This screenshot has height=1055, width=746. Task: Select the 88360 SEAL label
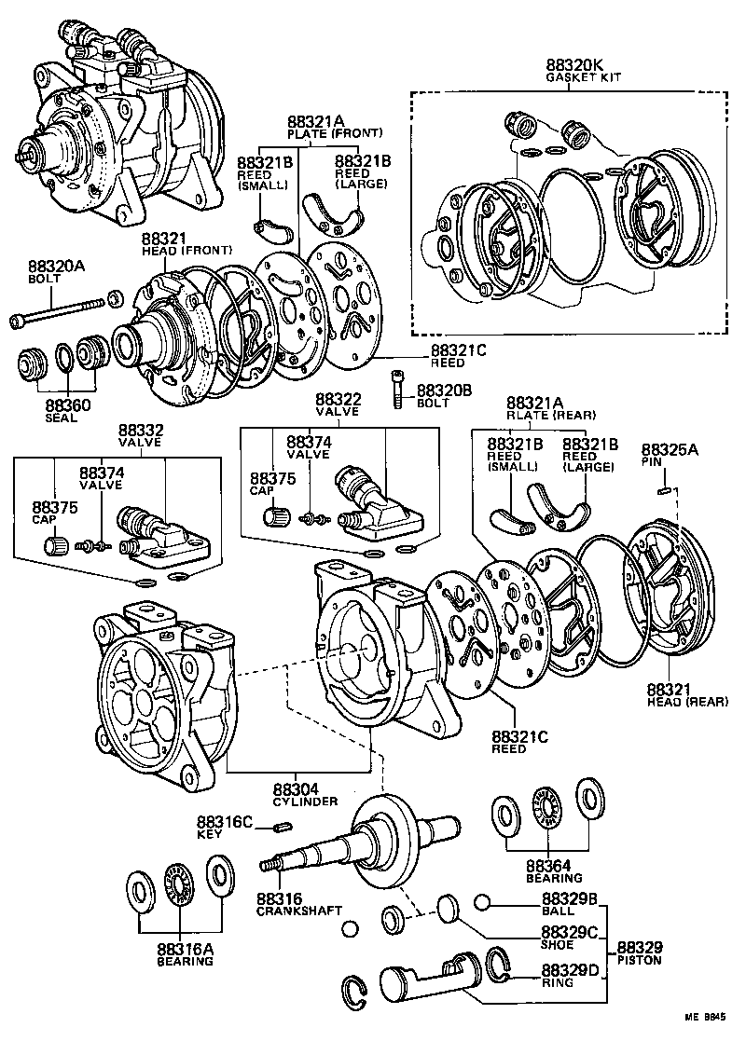pyautogui.click(x=62, y=411)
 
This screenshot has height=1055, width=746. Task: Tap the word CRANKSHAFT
pyautogui.click(x=298, y=910)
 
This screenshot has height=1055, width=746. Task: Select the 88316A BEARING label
pyautogui.click(x=184, y=954)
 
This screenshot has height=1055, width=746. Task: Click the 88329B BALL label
pyautogui.click(x=569, y=904)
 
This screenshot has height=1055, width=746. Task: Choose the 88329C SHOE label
pyautogui.click(x=569, y=938)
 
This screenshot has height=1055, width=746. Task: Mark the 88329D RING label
pyautogui.click(x=569, y=975)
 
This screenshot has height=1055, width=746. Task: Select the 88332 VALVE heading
pyautogui.click(x=140, y=435)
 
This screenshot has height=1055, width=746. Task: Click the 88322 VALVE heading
pyautogui.click(x=338, y=404)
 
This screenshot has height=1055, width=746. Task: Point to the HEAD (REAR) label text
pyautogui.click(x=686, y=700)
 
